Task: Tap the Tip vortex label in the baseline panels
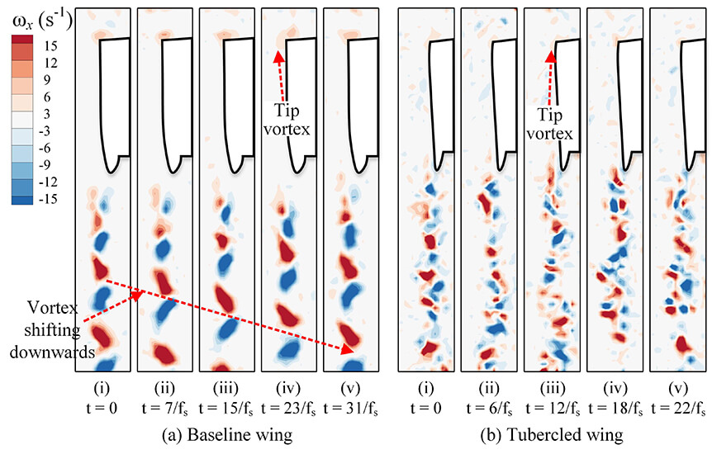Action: pos(287,118)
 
